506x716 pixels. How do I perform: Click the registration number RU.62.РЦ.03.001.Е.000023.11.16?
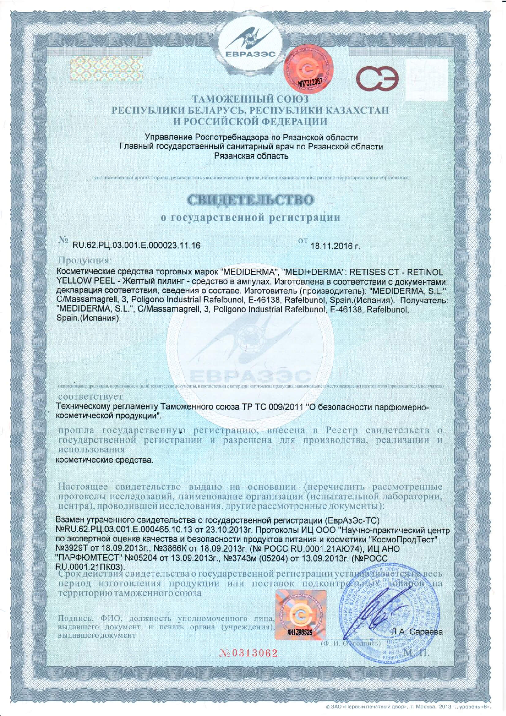pos(136,246)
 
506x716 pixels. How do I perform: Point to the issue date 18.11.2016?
pos(335,246)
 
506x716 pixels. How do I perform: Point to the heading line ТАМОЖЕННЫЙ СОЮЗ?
pos(250,99)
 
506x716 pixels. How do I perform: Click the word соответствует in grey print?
pos(91,397)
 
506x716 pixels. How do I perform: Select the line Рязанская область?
pos(251,156)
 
